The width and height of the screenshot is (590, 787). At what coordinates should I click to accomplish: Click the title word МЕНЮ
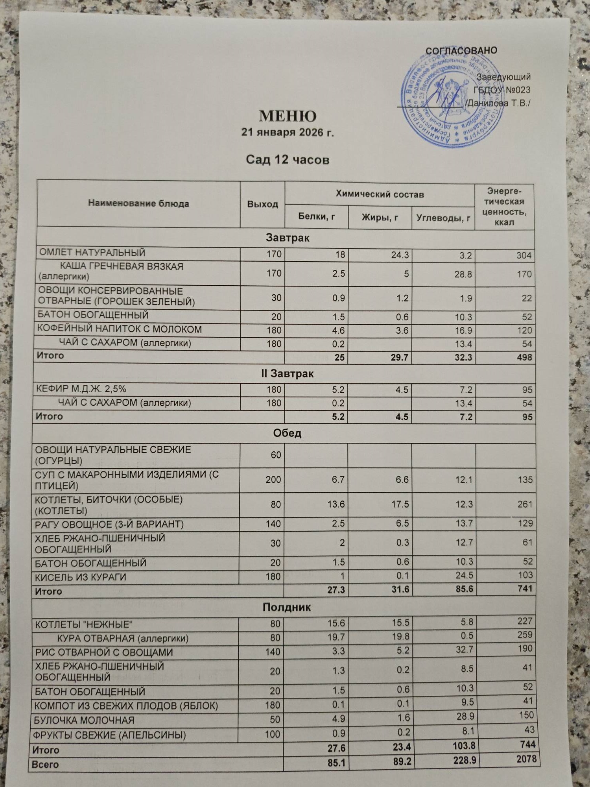(x=288, y=116)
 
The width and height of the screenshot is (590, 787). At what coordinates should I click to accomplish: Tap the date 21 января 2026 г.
(x=288, y=133)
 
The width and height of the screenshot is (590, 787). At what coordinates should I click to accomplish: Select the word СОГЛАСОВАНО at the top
(x=461, y=51)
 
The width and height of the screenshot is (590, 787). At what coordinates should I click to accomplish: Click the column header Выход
(x=262, y=204)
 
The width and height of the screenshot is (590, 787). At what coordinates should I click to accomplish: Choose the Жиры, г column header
(x=380, y=217)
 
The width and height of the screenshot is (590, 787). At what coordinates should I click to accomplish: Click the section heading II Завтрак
(x=288, y=373)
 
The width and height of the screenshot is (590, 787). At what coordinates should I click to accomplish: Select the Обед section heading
(x=287, y=433)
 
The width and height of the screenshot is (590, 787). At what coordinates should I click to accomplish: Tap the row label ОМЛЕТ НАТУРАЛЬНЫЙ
(x=92, y=253)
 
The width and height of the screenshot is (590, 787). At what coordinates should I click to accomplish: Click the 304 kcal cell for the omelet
(x=524, y=255)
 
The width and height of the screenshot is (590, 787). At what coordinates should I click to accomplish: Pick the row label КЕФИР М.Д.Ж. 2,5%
(x=81, y=389)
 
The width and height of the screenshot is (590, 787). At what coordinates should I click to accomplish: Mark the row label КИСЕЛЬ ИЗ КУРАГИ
(x=81, y=577)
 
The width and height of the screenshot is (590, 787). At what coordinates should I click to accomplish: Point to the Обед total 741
(x=524, y=589)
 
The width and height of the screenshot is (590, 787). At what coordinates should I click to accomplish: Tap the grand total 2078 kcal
(x=526, y=759)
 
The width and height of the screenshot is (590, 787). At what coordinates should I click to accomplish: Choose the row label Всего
(x=47, y=765)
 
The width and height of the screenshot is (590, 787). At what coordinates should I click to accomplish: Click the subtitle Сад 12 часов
(x=288, y=160)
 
